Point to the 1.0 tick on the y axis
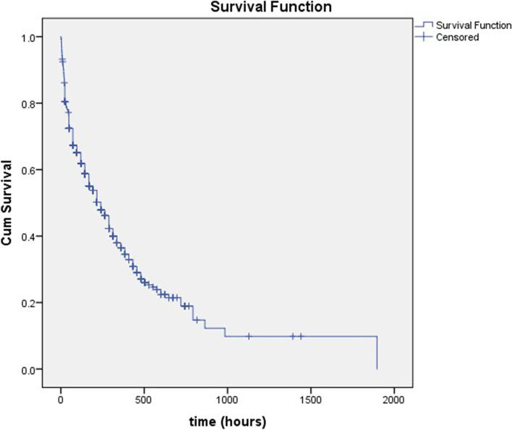[x=33, y=38]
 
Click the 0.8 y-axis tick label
[x=33, y=103]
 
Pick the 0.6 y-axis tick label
[x=33, y=170]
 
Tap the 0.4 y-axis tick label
[x=33, y=236]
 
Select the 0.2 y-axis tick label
[x=33, y=303]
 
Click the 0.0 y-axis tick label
[x=33, y=369]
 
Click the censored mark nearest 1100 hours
[x=249, y=336]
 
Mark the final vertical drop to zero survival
[x=377, y=353]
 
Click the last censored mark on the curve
[x=301, y=336]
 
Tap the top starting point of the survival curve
[x=61, y=37]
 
